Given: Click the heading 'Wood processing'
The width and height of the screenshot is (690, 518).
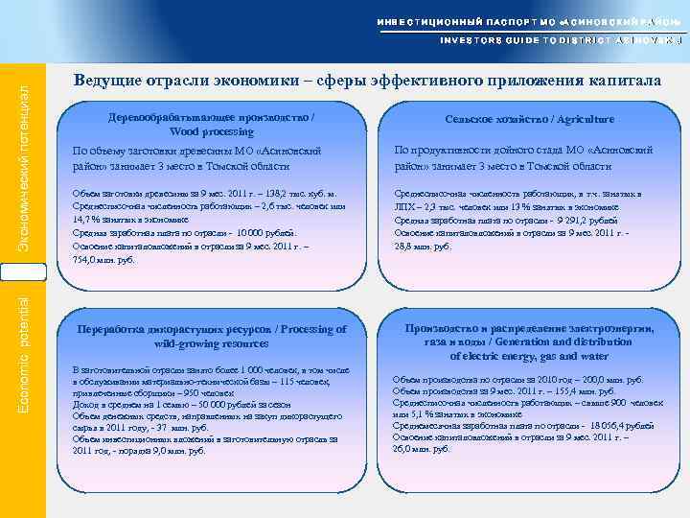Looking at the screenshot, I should click(212, 131).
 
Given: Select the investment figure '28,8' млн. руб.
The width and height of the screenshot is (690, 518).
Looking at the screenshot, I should click(409, 246).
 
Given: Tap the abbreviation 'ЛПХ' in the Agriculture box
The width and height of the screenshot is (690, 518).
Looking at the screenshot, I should click(405, 207).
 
